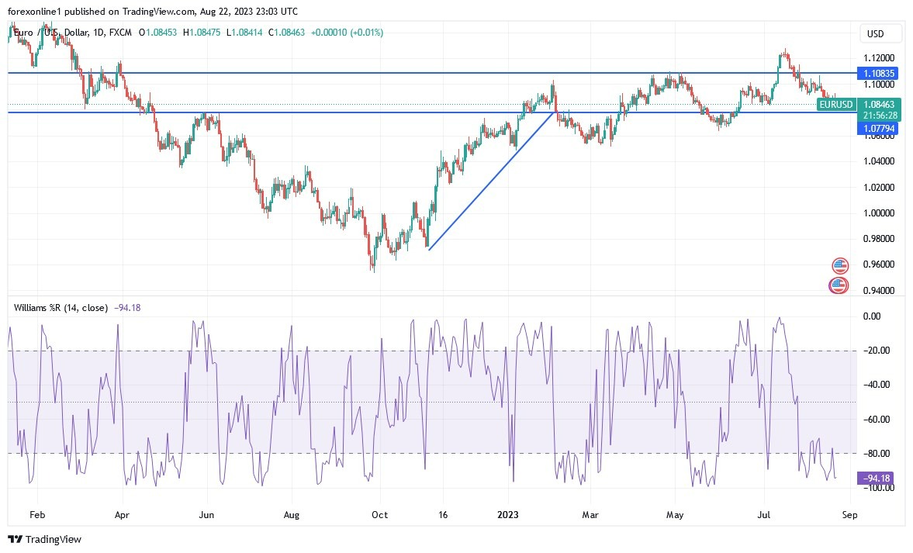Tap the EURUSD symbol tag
tap(836, 104)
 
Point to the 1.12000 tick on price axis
tap(880, 58)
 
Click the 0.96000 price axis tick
tap(880, 264)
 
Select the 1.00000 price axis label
tap(880, 213)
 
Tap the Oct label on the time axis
tap(380, 513)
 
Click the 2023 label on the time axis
tap(509, 513)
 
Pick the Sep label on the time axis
tap(849, 513)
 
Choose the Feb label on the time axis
tap(37, 513)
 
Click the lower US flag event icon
tap(838, 285)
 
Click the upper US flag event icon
tap(839, 265)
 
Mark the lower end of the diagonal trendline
tap(429, 249)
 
